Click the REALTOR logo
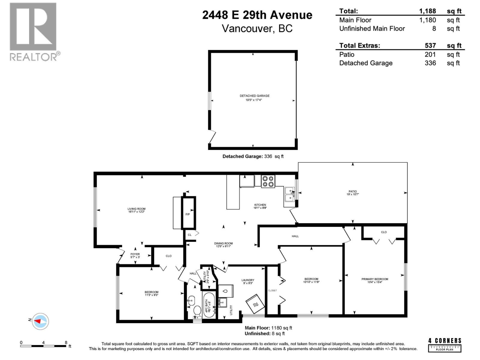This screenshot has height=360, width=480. [34, 31]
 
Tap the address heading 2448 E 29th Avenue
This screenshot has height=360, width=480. [257, 15]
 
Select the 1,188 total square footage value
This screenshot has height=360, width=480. [427, 11]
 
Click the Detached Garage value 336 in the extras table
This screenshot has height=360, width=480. [430, 63]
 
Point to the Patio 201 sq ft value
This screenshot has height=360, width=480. [430, 54]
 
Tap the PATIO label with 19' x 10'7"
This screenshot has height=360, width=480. [352, 193]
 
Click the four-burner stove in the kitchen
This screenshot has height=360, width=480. [268, 181]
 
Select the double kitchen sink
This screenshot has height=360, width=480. [289, 194]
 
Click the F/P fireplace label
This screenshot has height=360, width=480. [187, 214]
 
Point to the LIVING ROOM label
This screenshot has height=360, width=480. [136, 210]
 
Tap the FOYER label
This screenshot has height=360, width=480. [135, 255]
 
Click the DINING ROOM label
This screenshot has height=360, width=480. [223, 245]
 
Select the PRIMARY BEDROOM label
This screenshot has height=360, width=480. [375, 280]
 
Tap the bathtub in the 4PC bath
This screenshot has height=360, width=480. [209, 304]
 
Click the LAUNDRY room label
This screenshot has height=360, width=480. [248, 281]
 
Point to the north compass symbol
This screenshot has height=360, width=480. [40, 321]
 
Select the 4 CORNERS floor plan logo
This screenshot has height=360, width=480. [445, 344]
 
